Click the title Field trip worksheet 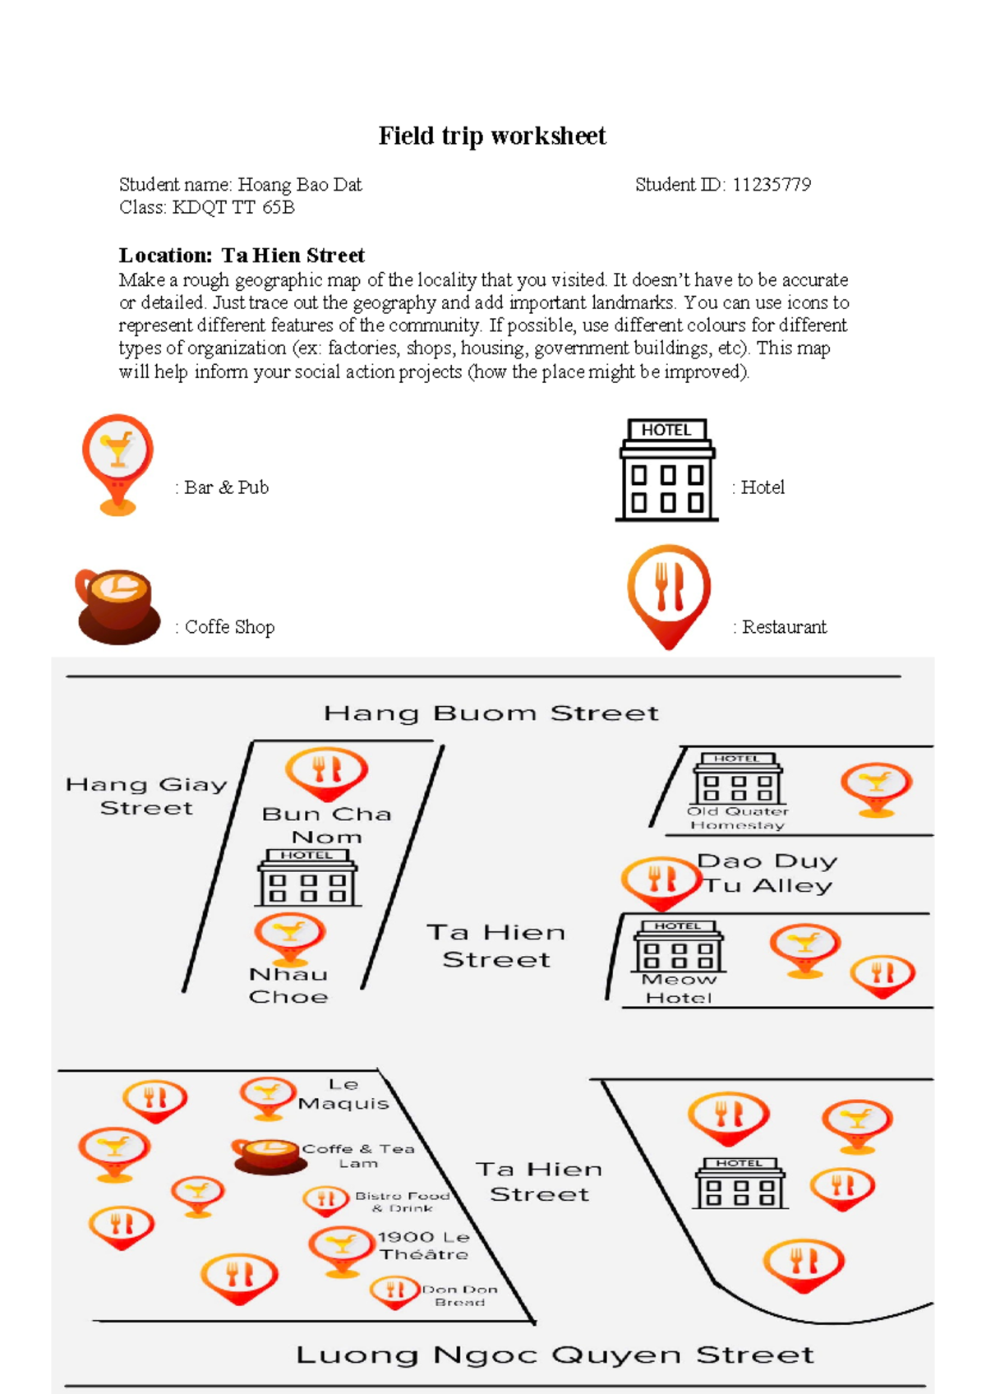point(492,136)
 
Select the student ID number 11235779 point(772,185)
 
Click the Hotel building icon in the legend point(666,470)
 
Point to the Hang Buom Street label point(491,713)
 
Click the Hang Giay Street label point(146,796)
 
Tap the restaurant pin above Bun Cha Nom point(326,773)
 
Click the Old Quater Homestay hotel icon point(738,778)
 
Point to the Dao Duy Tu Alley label point(767,873)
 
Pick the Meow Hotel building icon point(679,946)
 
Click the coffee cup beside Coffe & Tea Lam point(266,1155)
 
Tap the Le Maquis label point(343,1094)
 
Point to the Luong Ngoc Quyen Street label point(555,1355)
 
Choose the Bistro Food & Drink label point(403,1202)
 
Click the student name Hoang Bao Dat point(299,185)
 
